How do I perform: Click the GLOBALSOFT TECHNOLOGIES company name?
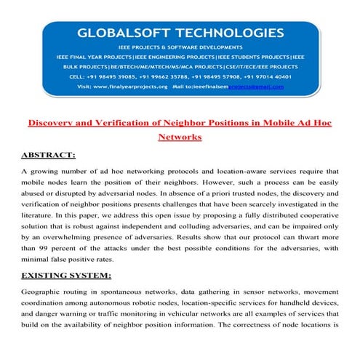click(180, 33)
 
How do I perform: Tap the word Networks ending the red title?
click(180, 136)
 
